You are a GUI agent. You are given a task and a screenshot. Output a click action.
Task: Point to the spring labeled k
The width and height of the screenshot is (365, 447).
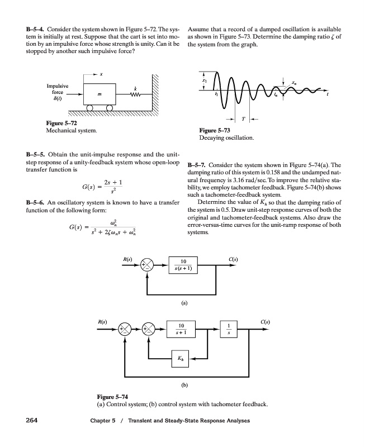tap(134, 95)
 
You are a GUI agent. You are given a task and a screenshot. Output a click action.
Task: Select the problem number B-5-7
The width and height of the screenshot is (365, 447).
tap(200, 165)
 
